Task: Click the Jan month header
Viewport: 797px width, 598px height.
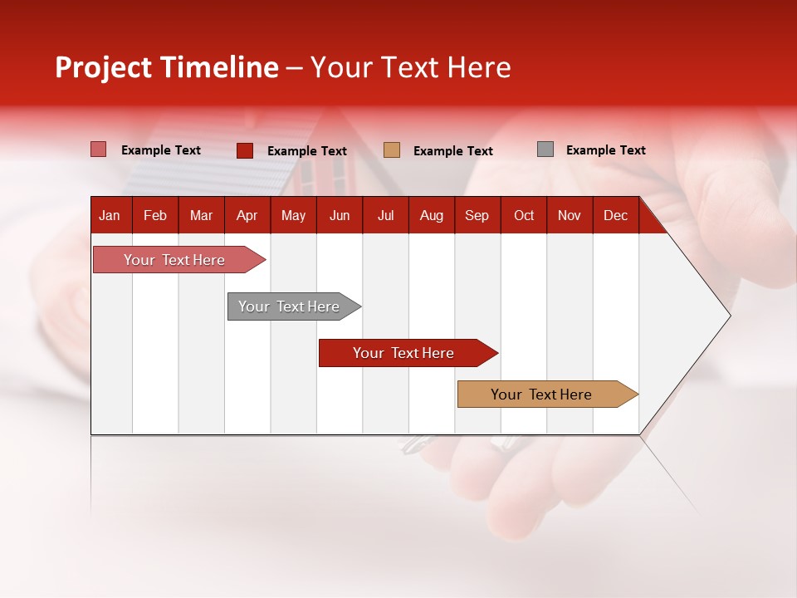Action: (x=110, y=215)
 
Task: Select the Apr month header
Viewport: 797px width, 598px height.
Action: (x=247, y=215)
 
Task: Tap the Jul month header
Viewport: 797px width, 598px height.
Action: (x=385, y=215)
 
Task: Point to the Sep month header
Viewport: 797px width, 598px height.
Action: (x=477, y=215)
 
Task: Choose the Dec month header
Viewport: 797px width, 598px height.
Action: (x=615, y=215)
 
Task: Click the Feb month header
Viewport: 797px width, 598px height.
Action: (x=155, y=215)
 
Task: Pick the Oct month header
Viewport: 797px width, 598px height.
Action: (x=524, y=215)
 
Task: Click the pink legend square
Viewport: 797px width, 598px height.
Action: (x=99, y=149)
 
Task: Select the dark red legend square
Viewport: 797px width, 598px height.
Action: (x=245, y=150)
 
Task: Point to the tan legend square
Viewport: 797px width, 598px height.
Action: (x=392, y=150)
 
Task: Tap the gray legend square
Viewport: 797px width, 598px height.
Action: (x=545, y=149)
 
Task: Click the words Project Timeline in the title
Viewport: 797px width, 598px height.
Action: (x=167, y=67)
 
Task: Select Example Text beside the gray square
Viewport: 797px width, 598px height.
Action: (x=605, y=150)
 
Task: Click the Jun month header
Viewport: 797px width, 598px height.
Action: (x=340, y=215)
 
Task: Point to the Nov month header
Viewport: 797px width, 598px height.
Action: (x=570, y=215)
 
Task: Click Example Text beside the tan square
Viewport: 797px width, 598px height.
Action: (x=452, y=151)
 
